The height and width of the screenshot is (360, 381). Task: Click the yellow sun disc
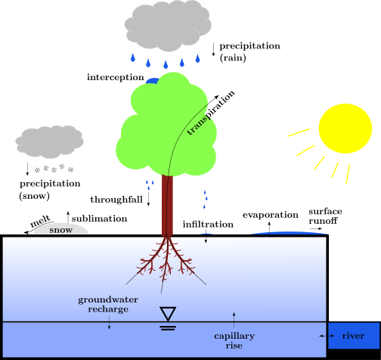(345, 129)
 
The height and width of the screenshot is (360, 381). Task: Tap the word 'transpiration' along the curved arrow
(211, 113)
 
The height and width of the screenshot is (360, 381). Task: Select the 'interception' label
(116, 77)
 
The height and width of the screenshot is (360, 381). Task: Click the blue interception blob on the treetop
(152, 81)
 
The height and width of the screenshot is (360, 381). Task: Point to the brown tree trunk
(167, 205)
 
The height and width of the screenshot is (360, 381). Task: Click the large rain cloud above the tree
(168, 26)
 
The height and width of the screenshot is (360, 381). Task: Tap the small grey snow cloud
(49, 142)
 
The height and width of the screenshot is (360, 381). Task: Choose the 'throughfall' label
(116, 200)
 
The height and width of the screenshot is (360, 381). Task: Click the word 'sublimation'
(99, 219)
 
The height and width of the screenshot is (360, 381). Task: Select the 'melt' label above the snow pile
(40, 221)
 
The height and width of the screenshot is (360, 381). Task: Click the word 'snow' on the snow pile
(61, 230)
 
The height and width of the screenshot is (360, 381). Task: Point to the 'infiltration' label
(208, 224)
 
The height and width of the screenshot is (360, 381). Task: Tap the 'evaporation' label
(271, 215)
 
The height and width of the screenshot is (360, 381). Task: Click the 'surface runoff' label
(325, 216)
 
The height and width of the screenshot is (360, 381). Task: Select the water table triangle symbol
(168, 313)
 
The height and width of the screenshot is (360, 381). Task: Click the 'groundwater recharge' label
(108, 304)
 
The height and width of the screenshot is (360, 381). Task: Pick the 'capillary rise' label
(234, 340)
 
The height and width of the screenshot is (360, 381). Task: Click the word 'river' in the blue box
(353, 336)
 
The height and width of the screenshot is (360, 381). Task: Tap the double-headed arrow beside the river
(327, 336)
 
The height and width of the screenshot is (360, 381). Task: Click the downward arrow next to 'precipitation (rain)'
(213, 49)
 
